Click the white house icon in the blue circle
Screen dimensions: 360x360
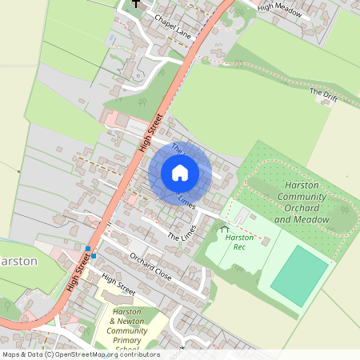tap(180, 173)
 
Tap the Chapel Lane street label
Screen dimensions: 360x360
tap(174, 26)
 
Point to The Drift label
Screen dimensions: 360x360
tap(323, 94)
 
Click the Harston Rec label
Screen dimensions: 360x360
tap(239, 242)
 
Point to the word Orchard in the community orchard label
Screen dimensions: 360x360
tap(301, 207)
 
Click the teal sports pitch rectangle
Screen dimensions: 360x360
tap(299, 276)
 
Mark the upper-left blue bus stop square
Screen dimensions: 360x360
tap(88, 249)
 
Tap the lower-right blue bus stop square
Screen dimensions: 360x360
tap(94, 255)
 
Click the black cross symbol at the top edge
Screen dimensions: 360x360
tap(136, 3)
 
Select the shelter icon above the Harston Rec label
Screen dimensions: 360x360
tap(223, 230)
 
